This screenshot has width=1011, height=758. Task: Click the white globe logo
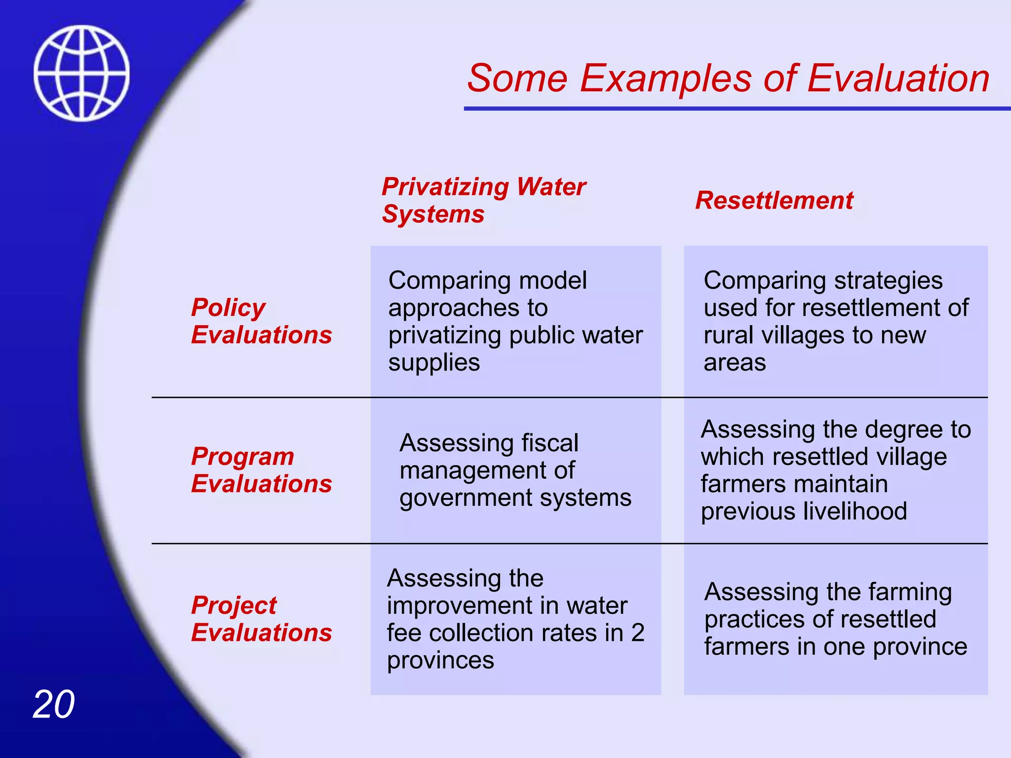[x=81, y=73]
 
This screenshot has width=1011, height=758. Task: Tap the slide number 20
[x=53, y=704]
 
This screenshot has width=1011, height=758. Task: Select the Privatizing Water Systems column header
[x=483, y=200]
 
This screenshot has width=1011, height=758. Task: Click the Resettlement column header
[x=774, y=200]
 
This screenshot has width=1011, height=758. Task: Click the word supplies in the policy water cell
[x=434, y=363]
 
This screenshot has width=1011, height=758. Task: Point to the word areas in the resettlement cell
[x=735, y=363]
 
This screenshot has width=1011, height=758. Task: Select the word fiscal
[x=549, y=443]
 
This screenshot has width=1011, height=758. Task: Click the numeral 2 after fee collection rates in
[x=638, y=633]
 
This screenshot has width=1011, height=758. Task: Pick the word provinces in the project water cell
[x=440, y=660]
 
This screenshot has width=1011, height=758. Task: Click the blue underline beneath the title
[x=736, y=108]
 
